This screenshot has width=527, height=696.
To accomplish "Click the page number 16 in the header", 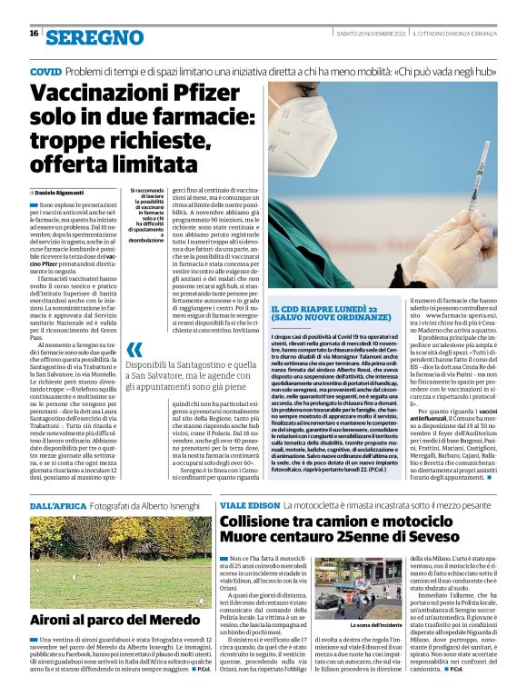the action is pos(34,34).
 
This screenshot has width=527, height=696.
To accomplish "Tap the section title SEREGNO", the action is pos(94,37).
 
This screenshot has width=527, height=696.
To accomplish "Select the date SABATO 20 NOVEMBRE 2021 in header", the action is pos(367,33).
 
